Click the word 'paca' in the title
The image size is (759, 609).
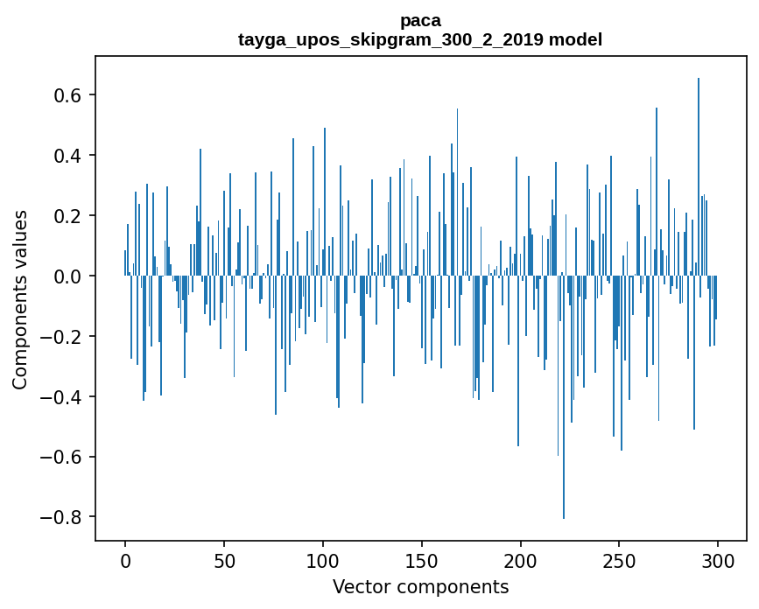(x=420, y=20)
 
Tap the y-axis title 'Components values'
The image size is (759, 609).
(x=20, y=299)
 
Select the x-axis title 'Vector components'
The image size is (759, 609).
(x=420, y=586)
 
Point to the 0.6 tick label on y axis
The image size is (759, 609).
(x=68, y=94)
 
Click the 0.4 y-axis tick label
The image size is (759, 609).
(x=68, y=155)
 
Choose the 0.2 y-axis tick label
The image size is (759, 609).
(x=68, y=215)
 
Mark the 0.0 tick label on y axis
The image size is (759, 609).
(x=68, y=276)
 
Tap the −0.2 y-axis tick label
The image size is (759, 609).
(x=62, y=336)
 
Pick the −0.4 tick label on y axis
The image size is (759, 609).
(x=62, y=396)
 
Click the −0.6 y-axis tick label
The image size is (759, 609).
(x=62, y=457)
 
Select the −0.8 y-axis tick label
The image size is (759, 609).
(x=62, y=517)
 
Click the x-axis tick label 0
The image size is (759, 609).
(x=125, y=560)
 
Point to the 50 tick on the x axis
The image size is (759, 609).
(x=224, y=560)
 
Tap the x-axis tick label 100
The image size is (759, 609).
(x=323, y=560)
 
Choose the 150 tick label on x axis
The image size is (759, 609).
(x=422, y=560)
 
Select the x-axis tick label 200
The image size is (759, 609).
(x=521, y=560)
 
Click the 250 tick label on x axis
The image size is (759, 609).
(x=620, y=560)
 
